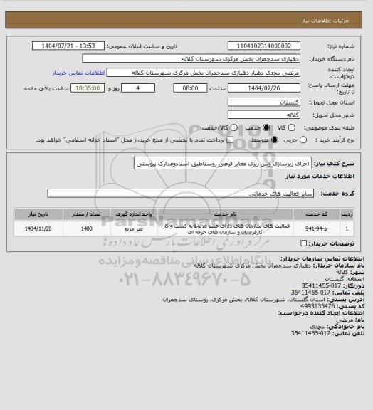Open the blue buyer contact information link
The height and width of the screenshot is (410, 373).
click(78, 73)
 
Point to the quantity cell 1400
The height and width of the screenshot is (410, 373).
click(86, 229)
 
